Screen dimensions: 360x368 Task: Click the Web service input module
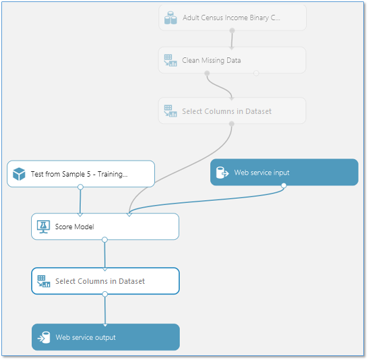point(284,172)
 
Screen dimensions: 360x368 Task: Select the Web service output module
point(105,337)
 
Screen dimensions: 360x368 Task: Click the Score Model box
point(105,227)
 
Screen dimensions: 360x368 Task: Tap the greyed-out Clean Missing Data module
point(232,60)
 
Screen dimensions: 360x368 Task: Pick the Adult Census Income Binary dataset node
point(232,18)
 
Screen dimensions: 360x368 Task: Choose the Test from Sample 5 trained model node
point(81,173)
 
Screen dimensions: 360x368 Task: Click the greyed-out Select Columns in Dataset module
point(232,111)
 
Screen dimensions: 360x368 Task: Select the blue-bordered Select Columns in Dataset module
point(105,281)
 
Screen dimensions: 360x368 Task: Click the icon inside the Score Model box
point(42,227)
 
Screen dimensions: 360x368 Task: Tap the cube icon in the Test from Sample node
point(19,174)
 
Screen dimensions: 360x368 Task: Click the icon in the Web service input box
point(222,173)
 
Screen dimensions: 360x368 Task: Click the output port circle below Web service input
point(284,186)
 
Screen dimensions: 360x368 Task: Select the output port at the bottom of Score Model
point(104,239)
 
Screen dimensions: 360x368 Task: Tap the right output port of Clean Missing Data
point(256,73)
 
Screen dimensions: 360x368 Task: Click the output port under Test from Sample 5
point(80,187)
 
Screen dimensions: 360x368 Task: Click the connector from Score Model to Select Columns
point(104,253)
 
